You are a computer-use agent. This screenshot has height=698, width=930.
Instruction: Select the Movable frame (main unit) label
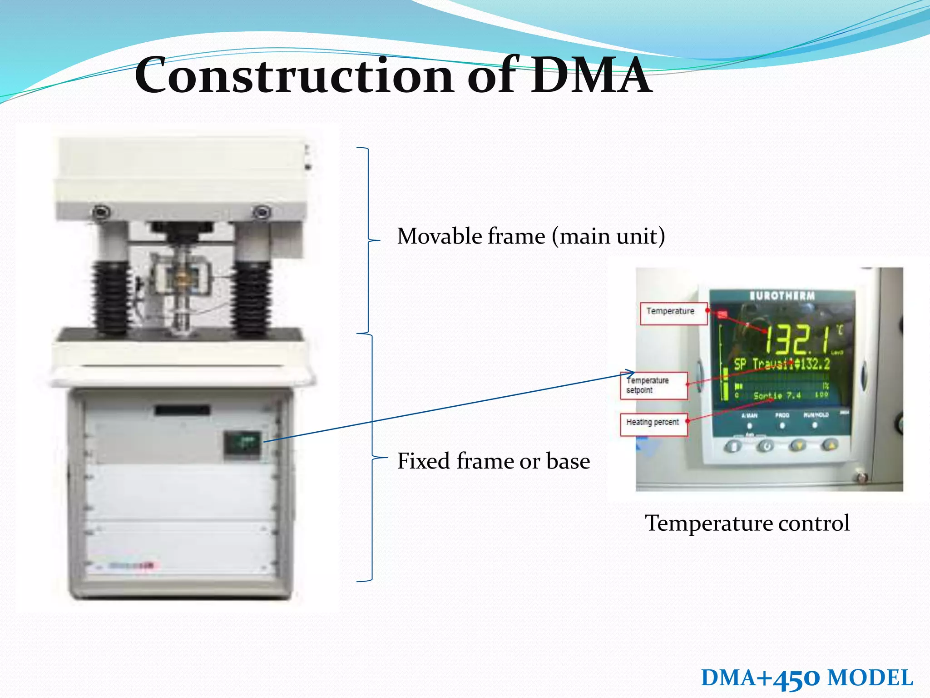(531, 236)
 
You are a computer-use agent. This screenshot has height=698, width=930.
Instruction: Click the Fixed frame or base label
(494, 461)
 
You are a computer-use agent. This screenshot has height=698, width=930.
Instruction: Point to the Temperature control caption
(747, 523)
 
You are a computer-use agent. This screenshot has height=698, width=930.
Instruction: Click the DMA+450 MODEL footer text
(806, 678)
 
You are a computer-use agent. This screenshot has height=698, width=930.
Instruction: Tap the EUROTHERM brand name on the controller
(782, 296)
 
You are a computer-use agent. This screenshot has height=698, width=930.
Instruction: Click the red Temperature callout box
(673, 313)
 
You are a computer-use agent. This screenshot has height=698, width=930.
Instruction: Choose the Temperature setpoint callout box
(654, 385)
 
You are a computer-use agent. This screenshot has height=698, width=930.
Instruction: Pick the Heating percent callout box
(654, 424)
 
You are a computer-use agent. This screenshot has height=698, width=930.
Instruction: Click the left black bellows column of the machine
(111, 298)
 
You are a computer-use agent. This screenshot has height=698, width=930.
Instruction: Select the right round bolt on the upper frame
(262, 212)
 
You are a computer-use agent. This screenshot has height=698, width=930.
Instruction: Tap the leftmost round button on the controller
(732, 446)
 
